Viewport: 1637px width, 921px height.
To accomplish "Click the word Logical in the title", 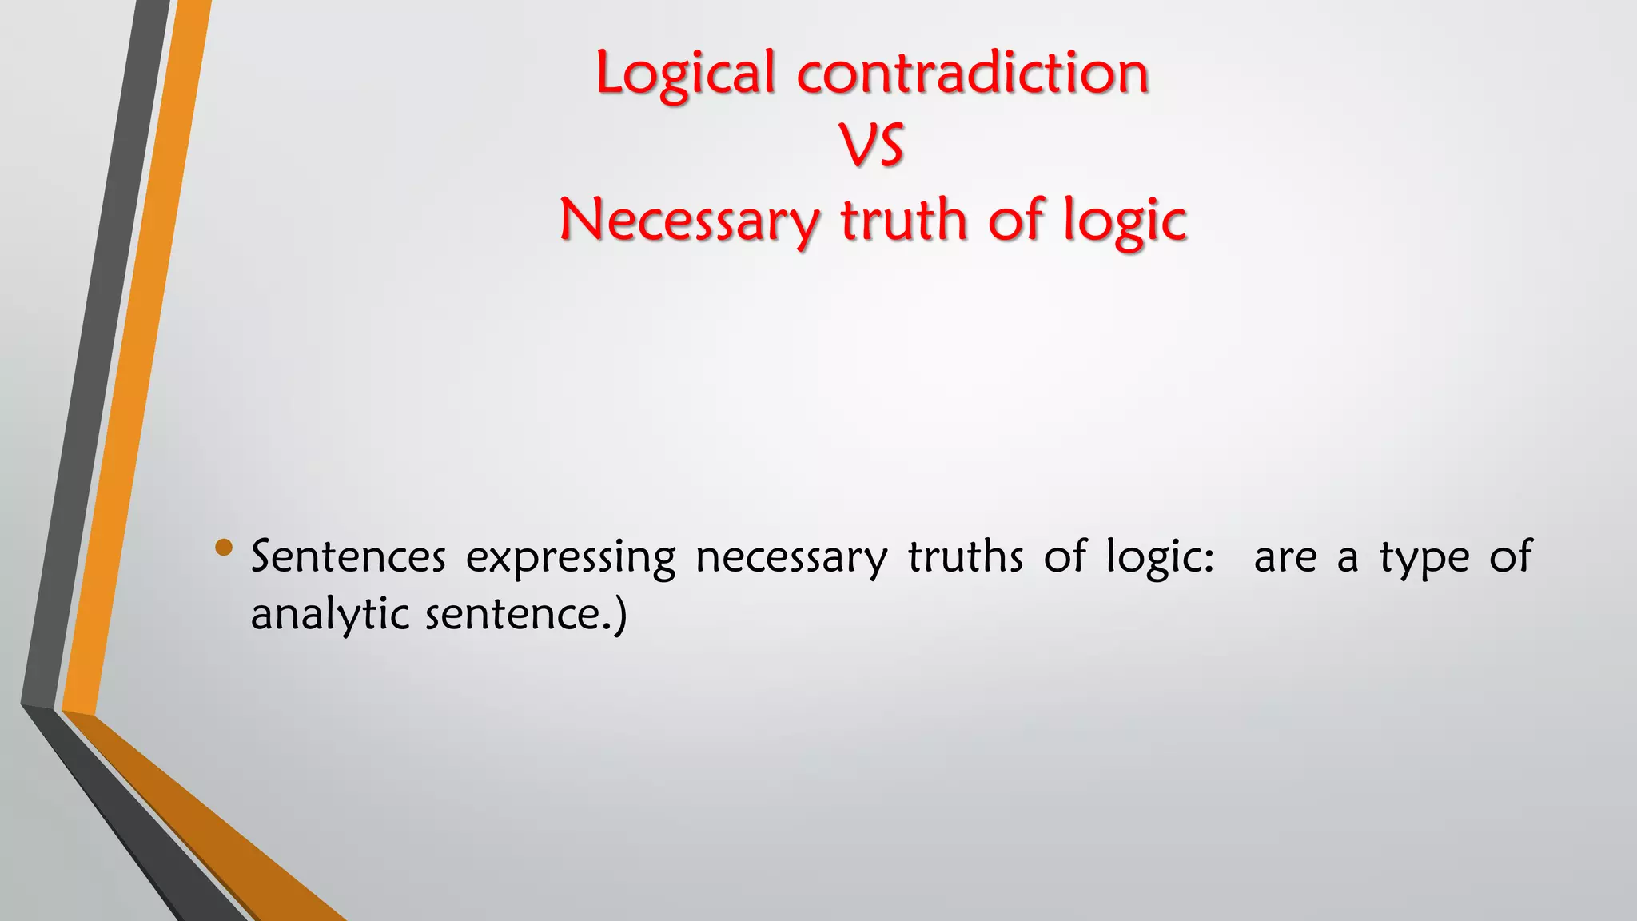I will tap(686, 74).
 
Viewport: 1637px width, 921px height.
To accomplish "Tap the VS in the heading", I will tap(872, 146).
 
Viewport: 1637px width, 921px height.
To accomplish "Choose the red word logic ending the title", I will tap(1125, 221).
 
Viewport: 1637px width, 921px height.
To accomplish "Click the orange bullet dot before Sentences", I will tap(224, 548).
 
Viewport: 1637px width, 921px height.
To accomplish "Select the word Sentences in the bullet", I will tap(349, 556).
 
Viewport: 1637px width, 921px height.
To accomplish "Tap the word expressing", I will tap(571, 558).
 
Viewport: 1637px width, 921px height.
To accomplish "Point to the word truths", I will tap(965, 556).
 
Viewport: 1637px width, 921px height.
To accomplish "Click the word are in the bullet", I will tap(1285, 557).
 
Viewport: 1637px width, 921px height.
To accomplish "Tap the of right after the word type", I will tap(1510, 556).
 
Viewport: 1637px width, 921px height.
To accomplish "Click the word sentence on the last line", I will tap(512, 615).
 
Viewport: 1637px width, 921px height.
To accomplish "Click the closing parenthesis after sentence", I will tap(620, 616).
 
